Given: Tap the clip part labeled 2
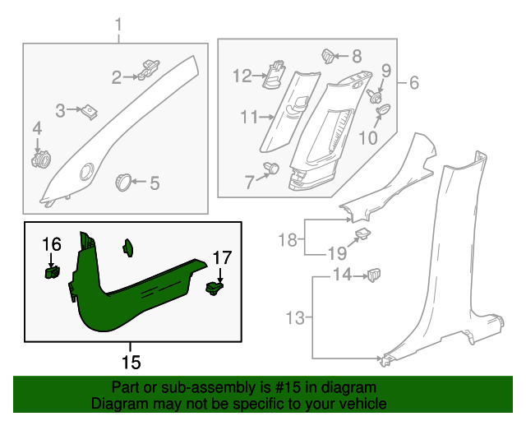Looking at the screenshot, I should pyautogui.click(x=149, y=71).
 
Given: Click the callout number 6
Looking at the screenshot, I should pyautogui.click(x=413, y=83).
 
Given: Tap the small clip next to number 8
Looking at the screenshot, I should pyautogui.click(x=328, y=56).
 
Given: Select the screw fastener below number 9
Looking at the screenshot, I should pyautogui.click(x=379, y=96).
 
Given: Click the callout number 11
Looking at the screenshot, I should pyautogui.click(x=249, y=118).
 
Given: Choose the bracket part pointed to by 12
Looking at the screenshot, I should pyautogui.click(x=275, y=75).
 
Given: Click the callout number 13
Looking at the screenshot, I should pyautogui.click(x=293, y=317).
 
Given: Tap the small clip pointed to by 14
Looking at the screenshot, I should pyautogui.click(x=375, y=273).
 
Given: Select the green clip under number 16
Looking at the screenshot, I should pyautogui.click(x=52, y=269).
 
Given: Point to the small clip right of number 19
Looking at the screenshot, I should pyautogui.click(x=361, y=238).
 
